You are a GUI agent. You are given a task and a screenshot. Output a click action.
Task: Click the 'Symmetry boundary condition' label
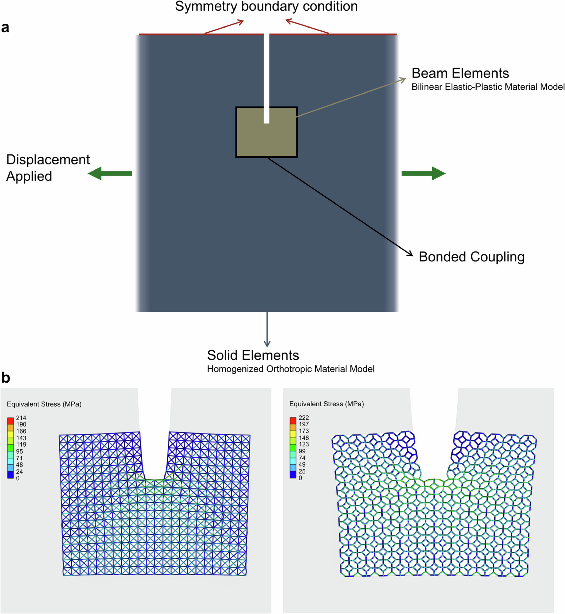[x=266, y=7]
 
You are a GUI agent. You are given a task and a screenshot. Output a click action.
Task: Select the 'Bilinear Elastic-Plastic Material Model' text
[x=488, y=87]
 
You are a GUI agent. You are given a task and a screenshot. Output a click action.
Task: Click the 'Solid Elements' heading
[x=253, y=355]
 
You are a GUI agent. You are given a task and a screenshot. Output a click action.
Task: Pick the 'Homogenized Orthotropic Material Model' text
[x=290, y=369]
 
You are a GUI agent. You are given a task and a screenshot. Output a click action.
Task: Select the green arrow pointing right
[x=423, y=174]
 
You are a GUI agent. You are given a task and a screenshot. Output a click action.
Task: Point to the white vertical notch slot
[x=267, y=76]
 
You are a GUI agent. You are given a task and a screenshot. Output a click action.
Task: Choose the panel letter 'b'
[x=6, y=378]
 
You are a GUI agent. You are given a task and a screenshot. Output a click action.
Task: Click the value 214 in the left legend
[x=21, y=418]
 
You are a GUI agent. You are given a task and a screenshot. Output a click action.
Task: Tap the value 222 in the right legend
[x=304, y=417]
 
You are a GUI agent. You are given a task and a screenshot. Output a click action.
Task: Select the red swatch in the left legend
[x=10, y=420]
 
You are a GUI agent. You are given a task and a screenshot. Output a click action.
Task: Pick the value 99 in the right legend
[x=302, y=451]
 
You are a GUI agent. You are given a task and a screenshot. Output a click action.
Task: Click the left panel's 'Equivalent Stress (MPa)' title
[x=44, y=404]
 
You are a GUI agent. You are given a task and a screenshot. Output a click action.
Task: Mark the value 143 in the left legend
[x=21, y=438]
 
